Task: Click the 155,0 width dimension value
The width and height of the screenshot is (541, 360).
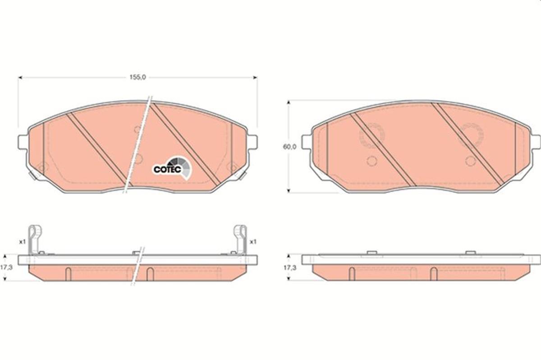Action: [138, 77]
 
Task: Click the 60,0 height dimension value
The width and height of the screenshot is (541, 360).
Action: [289, 147]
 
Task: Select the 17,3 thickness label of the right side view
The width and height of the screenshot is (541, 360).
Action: [289, 268]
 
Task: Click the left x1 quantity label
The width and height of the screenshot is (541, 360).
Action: [23, 242]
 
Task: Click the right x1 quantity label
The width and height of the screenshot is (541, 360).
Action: [253, 242]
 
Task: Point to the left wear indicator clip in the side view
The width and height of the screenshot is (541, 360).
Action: [34, 240]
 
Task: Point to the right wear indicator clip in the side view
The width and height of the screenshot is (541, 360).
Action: [240, 240]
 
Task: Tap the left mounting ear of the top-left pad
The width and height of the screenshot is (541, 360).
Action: [23, 142]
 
